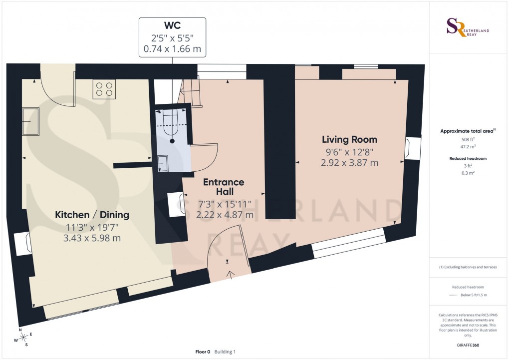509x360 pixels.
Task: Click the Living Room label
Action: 349,139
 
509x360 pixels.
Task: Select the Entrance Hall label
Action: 224,187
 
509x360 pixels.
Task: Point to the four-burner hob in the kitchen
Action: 104,89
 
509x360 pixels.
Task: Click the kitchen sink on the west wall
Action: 31,121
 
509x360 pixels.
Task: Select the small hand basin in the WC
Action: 163,163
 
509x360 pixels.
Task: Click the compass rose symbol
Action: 23,338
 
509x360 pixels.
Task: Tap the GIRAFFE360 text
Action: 468,345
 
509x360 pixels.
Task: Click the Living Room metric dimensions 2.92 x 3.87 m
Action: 349,162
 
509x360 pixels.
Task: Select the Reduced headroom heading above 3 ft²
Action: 468,158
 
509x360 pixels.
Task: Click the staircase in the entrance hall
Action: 192,92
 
